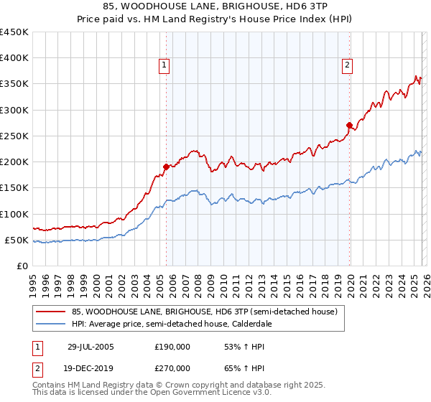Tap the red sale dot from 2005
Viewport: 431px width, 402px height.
click(x=166, y=167)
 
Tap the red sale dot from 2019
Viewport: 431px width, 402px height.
click(x=349, y=125)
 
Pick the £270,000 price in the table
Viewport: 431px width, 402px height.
click(x=172, y=368)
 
